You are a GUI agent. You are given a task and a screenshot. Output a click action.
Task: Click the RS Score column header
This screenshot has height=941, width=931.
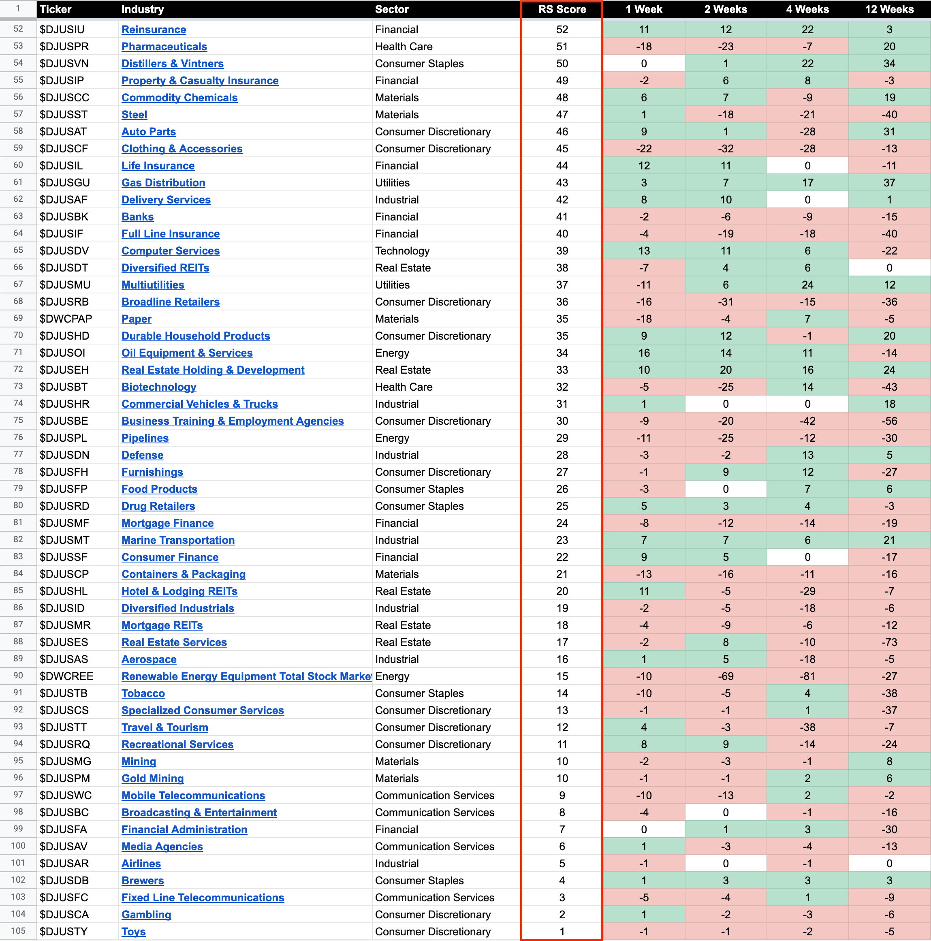562,9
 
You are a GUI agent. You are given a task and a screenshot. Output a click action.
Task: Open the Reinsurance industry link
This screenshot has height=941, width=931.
154,30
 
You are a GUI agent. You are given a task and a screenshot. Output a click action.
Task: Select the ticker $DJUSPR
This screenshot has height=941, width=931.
64,47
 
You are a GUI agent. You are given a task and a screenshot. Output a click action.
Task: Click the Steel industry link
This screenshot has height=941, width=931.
134,115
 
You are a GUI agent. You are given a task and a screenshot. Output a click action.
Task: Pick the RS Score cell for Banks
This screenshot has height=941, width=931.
562,217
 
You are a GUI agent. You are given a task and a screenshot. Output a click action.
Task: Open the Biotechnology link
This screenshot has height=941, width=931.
159,387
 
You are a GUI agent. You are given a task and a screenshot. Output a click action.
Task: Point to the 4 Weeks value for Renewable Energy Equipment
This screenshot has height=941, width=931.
807,676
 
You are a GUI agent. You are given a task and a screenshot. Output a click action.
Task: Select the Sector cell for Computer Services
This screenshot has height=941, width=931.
402,251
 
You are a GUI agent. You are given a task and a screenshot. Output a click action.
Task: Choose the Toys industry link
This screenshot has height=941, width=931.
133,932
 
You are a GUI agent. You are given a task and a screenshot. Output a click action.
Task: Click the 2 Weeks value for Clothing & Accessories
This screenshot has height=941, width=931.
725,149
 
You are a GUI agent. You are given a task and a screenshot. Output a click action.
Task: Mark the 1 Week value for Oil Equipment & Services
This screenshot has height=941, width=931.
643,353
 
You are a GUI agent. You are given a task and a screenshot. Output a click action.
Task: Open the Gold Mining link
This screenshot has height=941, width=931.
152,778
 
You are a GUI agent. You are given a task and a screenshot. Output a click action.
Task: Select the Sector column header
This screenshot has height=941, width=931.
391,9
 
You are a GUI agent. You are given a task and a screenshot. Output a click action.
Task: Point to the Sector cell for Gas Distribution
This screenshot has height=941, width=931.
392,183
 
